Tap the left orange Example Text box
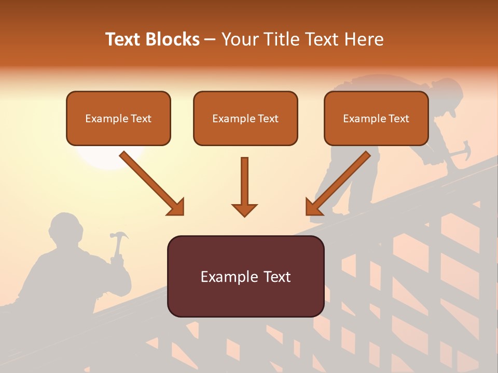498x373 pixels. [x=118, y=118]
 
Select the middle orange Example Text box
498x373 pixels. [x=245, y=118]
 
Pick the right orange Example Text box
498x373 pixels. [x=376, y=118]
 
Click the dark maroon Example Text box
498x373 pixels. [x=245, y=276]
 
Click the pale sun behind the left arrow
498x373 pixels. [x=106, y=158]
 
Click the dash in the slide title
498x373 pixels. [x=210, y=39]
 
